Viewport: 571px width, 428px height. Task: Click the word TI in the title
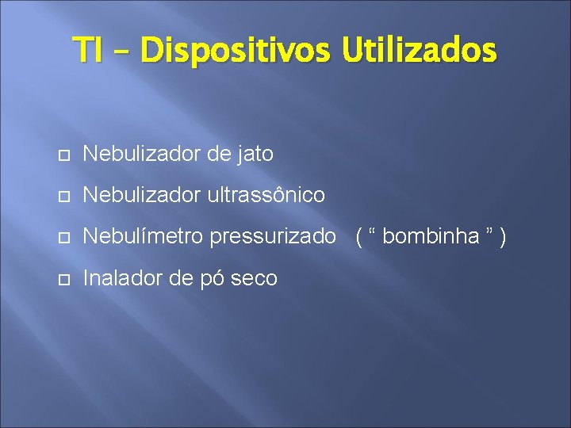[88, 50]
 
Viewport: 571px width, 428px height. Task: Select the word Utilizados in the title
[420, 50]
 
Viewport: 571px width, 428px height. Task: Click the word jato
[252, 154]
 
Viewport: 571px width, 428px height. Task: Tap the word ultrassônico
[266, 195]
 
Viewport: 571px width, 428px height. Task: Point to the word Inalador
[117, 277]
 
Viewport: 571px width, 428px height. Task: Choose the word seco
[253, 278]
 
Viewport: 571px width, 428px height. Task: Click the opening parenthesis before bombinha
[360, 236]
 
